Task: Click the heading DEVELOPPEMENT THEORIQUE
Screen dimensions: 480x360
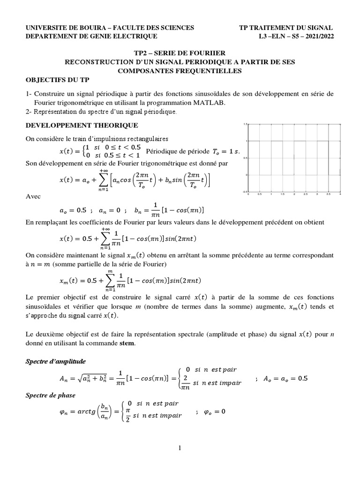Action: click(82, 125)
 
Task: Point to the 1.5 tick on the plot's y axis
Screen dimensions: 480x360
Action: click(245, 124)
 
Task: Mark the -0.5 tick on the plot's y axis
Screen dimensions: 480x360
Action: click(244, 192)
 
